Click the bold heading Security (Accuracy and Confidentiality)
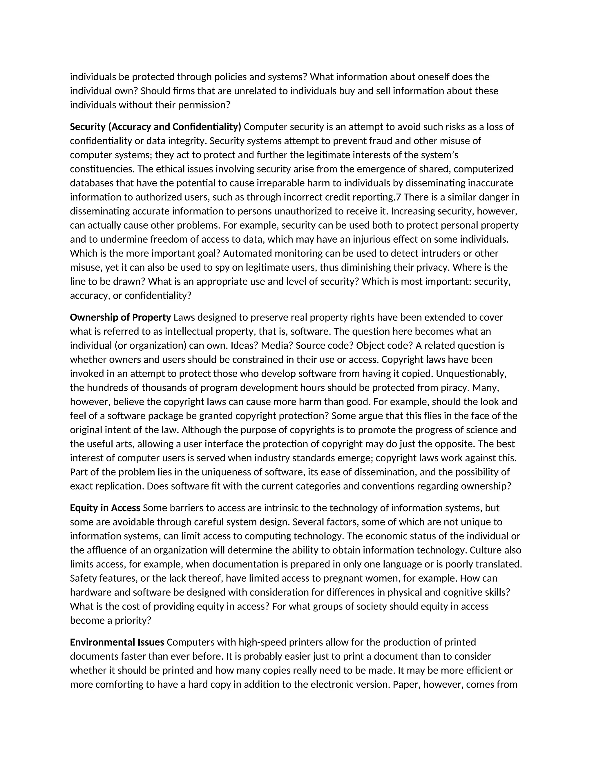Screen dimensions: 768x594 point(155,127)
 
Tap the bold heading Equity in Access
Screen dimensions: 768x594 point(105,508)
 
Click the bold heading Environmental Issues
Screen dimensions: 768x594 point(117,642)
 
